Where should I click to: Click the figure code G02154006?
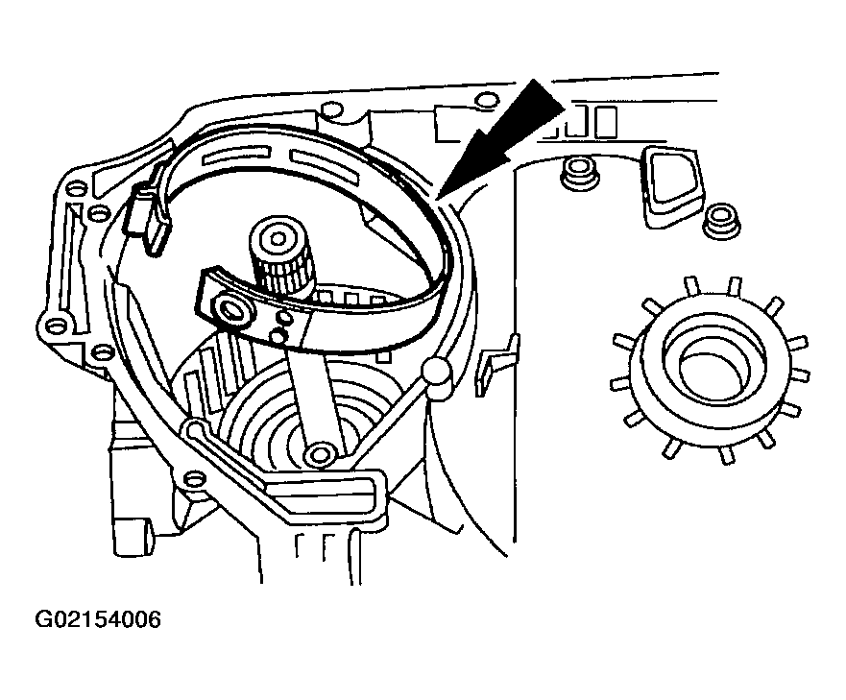coord(98,619)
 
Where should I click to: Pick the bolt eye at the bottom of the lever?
coord(320,454)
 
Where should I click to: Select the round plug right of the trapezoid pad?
coord(722,220)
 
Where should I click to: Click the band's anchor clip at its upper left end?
coord(149,213)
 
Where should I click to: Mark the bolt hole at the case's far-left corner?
coord(54,326)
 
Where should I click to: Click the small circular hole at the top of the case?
coord(485,99)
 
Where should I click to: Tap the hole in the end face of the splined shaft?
coord(278,238)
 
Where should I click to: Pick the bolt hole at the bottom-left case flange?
coord(193,477)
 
